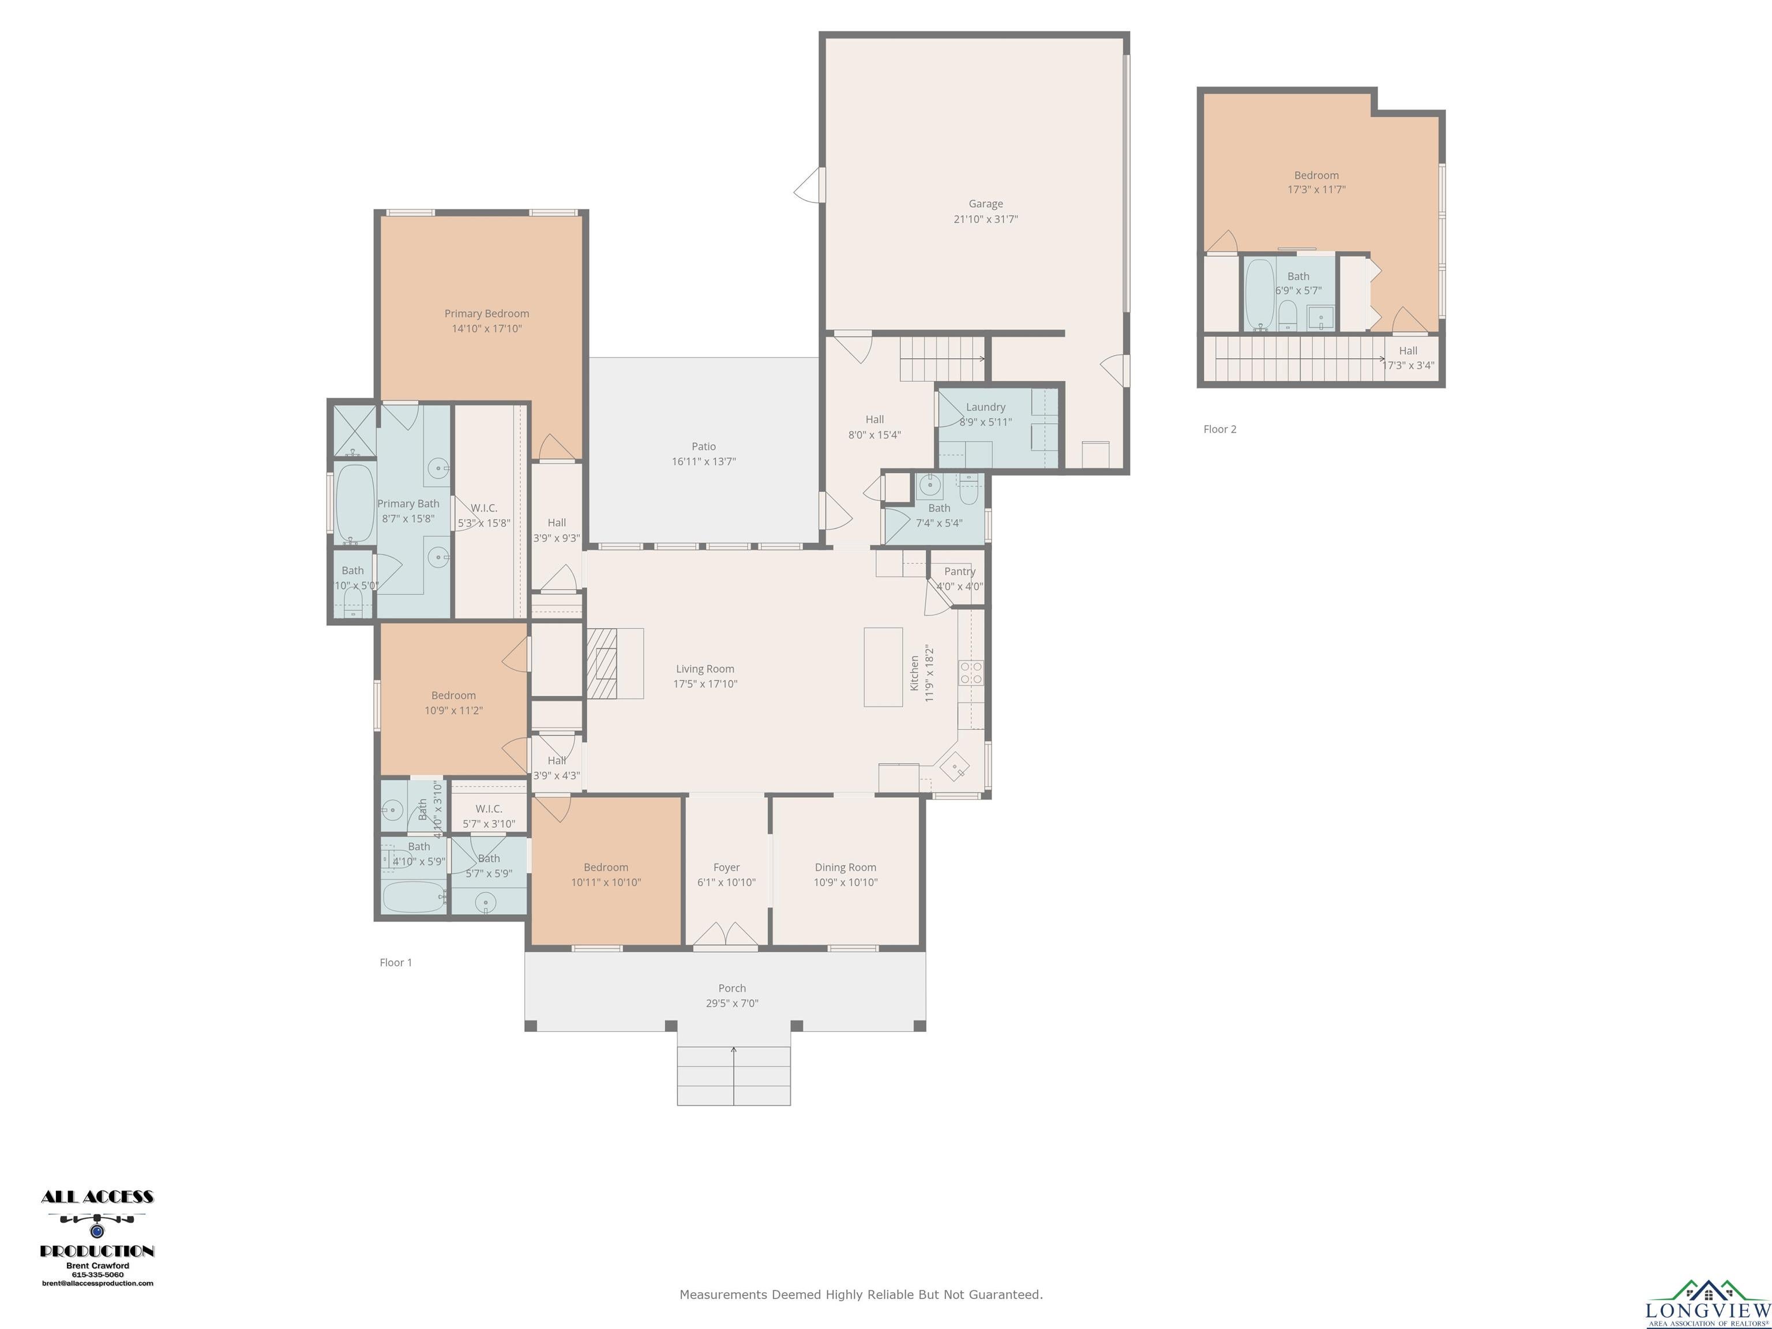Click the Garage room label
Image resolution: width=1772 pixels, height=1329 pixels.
click(985, 204)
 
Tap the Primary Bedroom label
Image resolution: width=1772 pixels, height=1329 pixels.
click(486, 313)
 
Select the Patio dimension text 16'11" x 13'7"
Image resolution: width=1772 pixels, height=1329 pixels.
click(703, 461)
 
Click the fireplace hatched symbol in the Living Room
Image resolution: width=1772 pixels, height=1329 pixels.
click(602, 663)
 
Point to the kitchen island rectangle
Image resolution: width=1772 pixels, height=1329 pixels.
click(883, 666)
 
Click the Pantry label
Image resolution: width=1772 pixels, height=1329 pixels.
click(959, 571)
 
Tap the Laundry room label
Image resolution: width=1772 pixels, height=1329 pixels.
click(985, 407)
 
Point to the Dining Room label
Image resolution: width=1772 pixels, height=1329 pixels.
click(845, 867)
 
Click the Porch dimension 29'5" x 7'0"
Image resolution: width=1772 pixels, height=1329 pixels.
click(731, 1003)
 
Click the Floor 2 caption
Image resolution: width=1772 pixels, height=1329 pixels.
click(1219, 429)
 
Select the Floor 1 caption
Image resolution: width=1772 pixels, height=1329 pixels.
click(396, 962)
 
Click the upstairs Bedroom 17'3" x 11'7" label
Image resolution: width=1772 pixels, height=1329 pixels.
click(1316, 175)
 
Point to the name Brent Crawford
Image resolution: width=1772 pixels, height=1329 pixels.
click(97, 1266)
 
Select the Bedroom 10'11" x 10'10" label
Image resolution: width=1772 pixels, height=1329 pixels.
click(606, 867)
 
